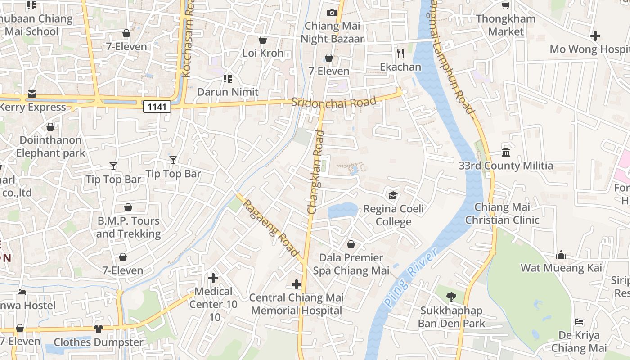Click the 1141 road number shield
click(157, 107)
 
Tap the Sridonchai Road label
click(333, 102)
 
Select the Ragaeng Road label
click(271, 228)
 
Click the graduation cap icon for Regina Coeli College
click(393, 196)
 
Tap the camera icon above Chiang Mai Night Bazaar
click(332, 13)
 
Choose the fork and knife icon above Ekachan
click(400, 54)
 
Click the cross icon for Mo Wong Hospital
click(595, 36)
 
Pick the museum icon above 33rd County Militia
click(505, 153)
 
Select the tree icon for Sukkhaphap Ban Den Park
click(451, 297)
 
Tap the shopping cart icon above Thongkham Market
click(506, 5)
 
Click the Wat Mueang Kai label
click(561, 268)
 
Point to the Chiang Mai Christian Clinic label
click(502, 214)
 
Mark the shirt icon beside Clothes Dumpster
click(99, 329)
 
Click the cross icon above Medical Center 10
click(213, 278)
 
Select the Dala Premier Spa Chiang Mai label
click(351, 264)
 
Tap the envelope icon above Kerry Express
click(32, 94)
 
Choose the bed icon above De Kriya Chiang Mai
click(579, 322)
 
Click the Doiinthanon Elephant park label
click(50, 147)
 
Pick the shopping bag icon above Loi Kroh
click(263, 40)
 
